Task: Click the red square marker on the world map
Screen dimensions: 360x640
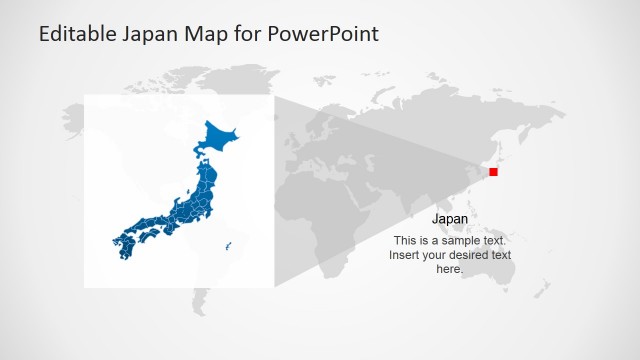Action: pyautogui.click(x=493, y=172)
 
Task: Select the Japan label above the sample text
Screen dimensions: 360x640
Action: pyautogui.click(x=450, y=219)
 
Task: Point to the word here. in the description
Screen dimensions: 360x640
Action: pyautogui.click(x=450, y=269)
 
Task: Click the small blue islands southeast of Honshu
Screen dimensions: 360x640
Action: pyautogui.click(x=229, y=246)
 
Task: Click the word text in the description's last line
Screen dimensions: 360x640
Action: pyautogui.click(x=499, y=255)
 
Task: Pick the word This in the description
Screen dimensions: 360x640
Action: pyautogui.click(x=405, y=241)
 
